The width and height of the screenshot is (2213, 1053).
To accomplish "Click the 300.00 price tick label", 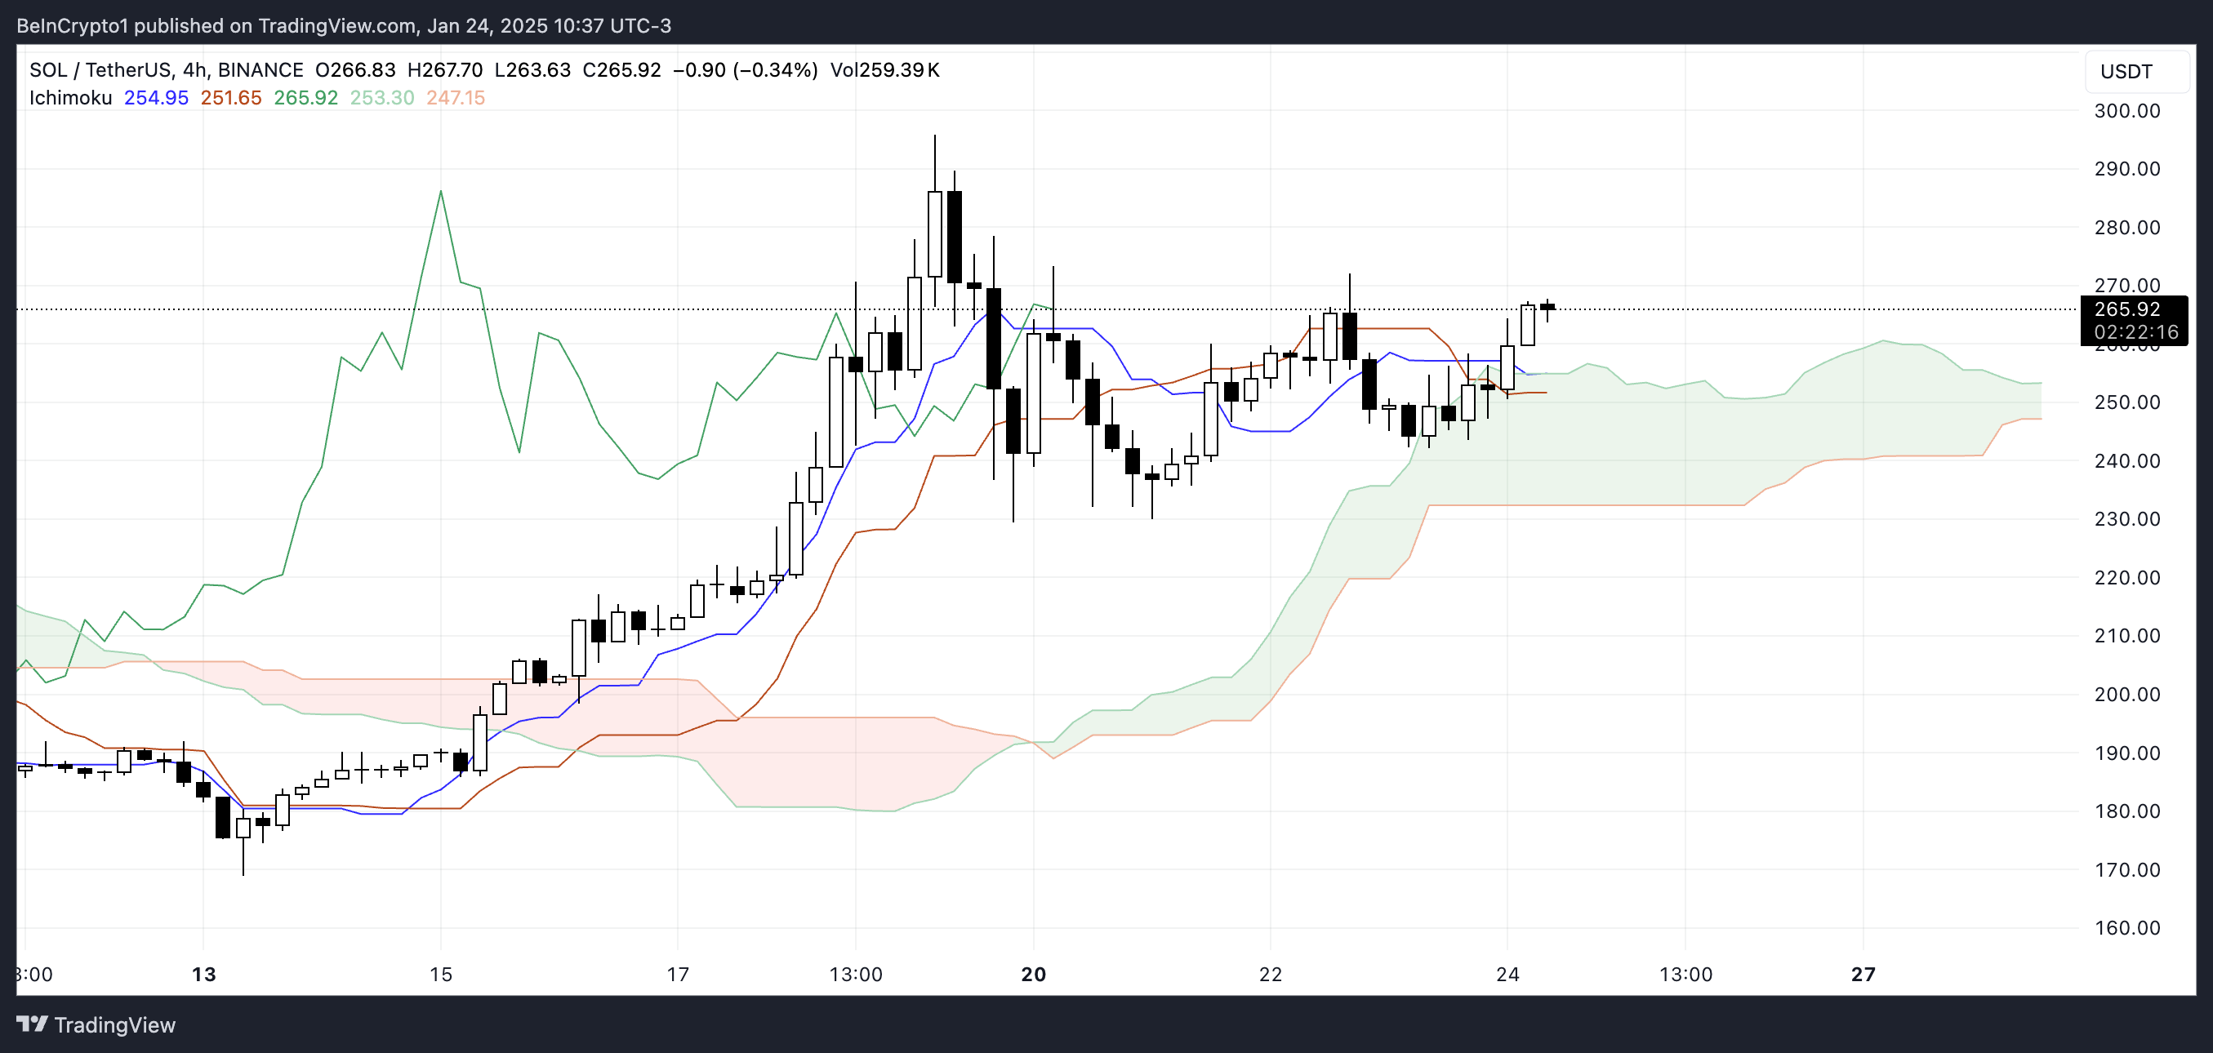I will pos(2126,111).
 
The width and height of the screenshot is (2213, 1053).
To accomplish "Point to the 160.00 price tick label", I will pos(2126,927).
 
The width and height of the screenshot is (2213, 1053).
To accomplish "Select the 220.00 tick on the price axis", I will pos(2126,577).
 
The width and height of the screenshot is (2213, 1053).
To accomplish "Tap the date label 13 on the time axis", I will pos(203,974).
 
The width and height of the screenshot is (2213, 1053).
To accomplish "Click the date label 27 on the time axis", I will pos(1863,974).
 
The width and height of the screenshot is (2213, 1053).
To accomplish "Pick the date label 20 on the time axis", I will pos(1034,974).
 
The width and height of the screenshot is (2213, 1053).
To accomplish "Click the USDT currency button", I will pos(2126,71).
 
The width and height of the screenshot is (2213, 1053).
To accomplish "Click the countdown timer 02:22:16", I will pos(2135,332).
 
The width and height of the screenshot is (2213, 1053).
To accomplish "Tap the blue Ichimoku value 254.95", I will pos(155,98).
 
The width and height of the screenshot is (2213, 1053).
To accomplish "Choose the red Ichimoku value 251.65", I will pos(230,98).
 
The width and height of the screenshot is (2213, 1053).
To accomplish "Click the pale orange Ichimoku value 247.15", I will pos(456,98).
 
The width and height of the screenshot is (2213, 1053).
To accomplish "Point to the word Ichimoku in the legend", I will pos(70,98).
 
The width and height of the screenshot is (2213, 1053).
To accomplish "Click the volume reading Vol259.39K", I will pos(884,69).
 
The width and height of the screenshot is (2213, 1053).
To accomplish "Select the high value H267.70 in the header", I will pos(444,69).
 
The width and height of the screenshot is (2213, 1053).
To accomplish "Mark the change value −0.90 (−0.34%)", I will pos(745,69).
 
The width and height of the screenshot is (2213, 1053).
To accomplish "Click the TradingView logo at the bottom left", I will pos(96,1024).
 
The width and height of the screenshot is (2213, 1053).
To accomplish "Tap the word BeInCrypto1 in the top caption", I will pos(72,26).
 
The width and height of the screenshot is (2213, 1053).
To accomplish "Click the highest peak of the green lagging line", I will pos(441,191).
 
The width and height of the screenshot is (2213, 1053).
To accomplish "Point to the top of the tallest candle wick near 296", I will pos(935,136).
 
